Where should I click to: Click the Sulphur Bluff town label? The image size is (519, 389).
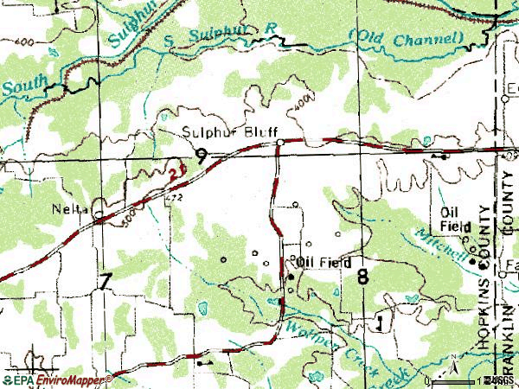[x=223, y=133]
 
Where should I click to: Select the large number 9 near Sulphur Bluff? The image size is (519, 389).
[x=201, y=156]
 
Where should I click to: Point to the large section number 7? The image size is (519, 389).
[x=106, y=280]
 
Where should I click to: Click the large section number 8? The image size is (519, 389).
[x=362, y=276]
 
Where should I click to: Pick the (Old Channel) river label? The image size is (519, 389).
[x=407, y=37]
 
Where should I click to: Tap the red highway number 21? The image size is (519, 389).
[x=176, y=174]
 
